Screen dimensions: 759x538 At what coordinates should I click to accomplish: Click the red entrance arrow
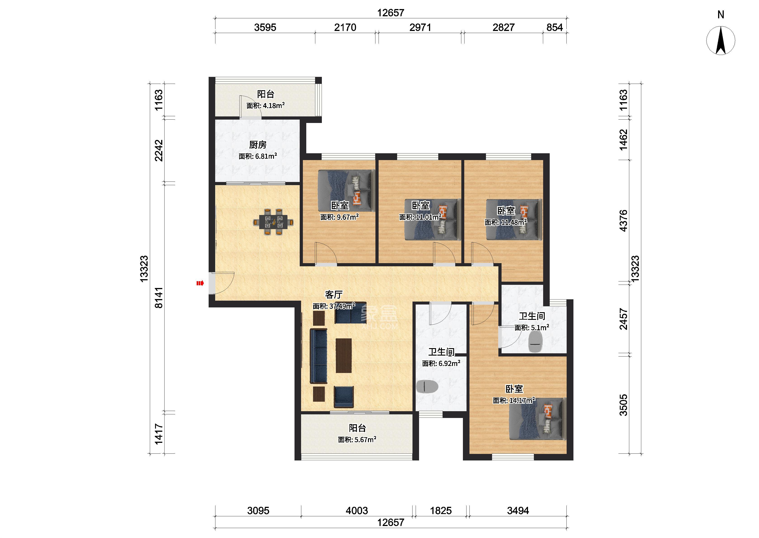(x=200, y=283)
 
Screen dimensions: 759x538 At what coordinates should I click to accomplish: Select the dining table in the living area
(x=273, y=222)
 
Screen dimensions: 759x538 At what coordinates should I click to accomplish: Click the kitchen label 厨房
(x=258, y=145)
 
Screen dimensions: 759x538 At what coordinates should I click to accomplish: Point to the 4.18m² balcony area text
(x=266, y=106)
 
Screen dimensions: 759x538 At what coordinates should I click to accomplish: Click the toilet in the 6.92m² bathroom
(x=427, y=387)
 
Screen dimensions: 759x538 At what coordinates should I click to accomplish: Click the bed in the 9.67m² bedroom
(x=346, y=191)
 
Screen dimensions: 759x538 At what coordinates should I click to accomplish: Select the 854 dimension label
(x=554, y=28)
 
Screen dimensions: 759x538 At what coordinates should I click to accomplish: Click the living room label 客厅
(x=333, y=295)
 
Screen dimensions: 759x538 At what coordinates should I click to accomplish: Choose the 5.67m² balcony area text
(x=357, y=440)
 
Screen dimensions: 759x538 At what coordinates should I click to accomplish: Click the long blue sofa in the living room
(x=87, y=356)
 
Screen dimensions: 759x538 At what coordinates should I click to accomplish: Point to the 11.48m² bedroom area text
(x=506, y=222)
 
